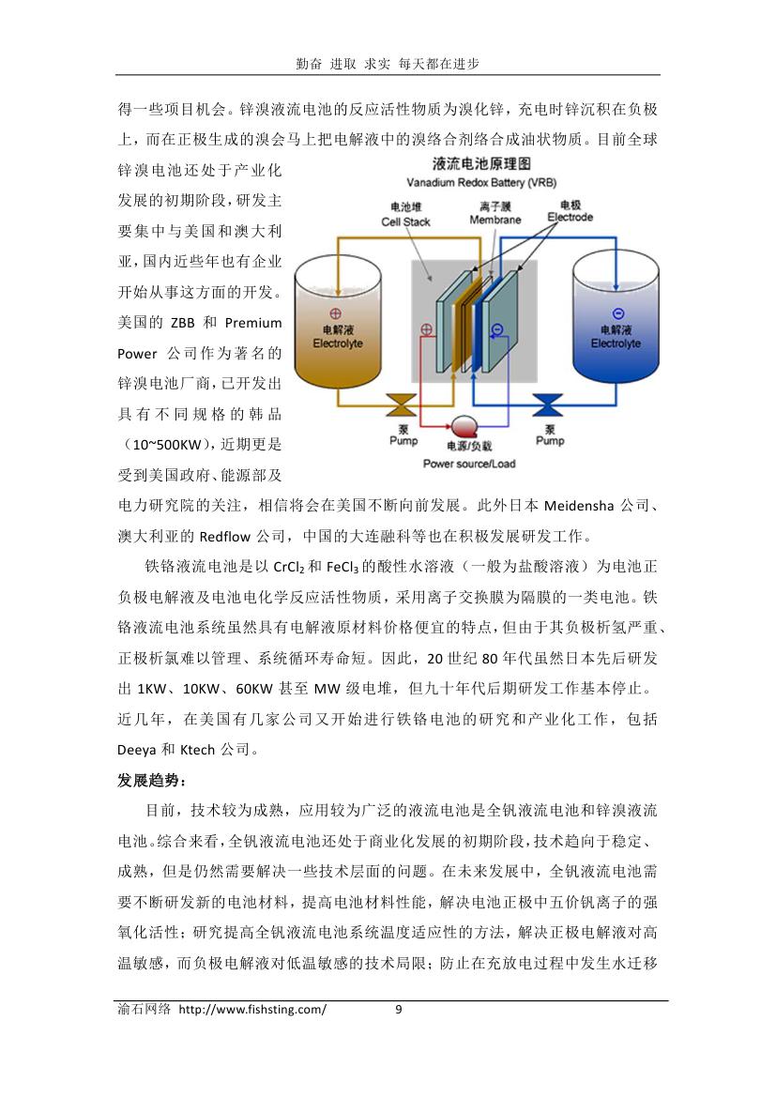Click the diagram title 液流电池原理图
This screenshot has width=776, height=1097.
pos(481,163)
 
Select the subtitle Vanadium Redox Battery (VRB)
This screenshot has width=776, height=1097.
pos(481,183)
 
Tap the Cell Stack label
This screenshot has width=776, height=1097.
pos(406,221)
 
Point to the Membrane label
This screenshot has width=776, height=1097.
pos(495,220)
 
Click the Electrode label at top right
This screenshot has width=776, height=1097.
pos(571,217)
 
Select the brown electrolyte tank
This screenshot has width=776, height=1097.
pos(338,323)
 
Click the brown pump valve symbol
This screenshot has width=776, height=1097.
pos(403,405)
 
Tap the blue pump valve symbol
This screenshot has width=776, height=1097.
pos(548,405)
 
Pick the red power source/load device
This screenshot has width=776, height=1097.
pos(464,425)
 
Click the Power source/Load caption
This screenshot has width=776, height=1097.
pos(469,464)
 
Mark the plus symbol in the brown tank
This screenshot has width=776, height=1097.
pos(336,314)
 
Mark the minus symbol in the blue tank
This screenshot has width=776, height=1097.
pos(617,313)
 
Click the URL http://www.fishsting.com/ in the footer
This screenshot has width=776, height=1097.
pos(251,1010)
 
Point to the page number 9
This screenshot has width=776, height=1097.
pos(399,1009)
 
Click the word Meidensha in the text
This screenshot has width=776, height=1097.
pos(579,505)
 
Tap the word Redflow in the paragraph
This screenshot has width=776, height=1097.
pos(224,537)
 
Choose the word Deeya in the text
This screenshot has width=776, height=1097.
pos(136,750)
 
